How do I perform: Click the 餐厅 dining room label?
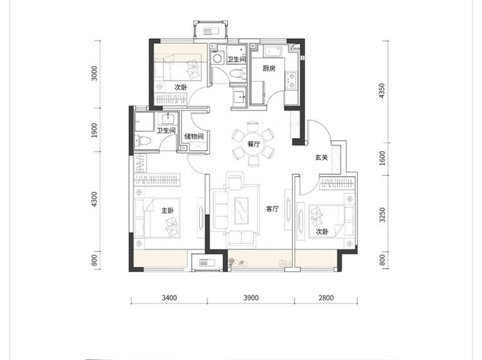tap(254, 144)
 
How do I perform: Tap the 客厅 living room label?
tap(272, 209)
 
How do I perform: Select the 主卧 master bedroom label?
tap(168, 211)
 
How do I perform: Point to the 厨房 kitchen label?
tap(269, 68)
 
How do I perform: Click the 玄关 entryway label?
tap(321, 157)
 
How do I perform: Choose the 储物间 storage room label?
tap(194, 136)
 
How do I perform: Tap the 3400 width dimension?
tap(170, 298)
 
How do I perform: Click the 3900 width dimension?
tap(251, 298)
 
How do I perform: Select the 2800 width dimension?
tap(326, 298)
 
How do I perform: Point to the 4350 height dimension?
tap(382, 91)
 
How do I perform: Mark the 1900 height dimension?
tap(94, 130)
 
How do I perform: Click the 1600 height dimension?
tap(382, 158)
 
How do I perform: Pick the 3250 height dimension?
tap(382, 215)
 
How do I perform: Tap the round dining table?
tap(254, 144)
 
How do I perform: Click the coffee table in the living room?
tap(242, 211)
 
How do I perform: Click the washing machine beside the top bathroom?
tap(217, 58)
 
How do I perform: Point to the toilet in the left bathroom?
tap(143, 141)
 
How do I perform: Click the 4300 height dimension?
tap(94, 199)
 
